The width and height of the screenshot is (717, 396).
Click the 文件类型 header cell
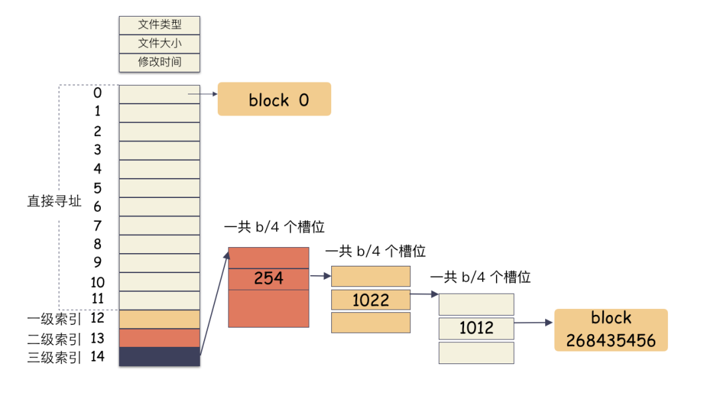159,25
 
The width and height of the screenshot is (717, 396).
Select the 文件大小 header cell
159,44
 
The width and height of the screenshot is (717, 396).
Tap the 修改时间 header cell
159,62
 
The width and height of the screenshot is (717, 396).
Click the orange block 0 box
274,100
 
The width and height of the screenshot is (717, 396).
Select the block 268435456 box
610,330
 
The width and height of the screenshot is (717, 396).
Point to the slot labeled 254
268,278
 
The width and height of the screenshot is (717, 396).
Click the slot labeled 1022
370,300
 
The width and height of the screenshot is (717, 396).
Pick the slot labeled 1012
476,328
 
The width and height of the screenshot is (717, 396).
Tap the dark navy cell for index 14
159,357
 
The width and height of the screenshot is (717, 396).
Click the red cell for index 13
159,338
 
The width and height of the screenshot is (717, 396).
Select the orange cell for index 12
159,319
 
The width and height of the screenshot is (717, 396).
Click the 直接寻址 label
54,201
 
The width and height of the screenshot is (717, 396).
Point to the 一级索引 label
54,320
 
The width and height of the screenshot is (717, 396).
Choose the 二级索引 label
54,339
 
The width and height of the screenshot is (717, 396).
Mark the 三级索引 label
54,357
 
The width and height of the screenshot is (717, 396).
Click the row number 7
98,225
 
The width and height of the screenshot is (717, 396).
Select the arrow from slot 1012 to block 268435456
533,323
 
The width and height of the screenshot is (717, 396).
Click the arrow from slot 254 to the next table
320,276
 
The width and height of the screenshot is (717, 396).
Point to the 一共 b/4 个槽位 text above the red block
274,227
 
